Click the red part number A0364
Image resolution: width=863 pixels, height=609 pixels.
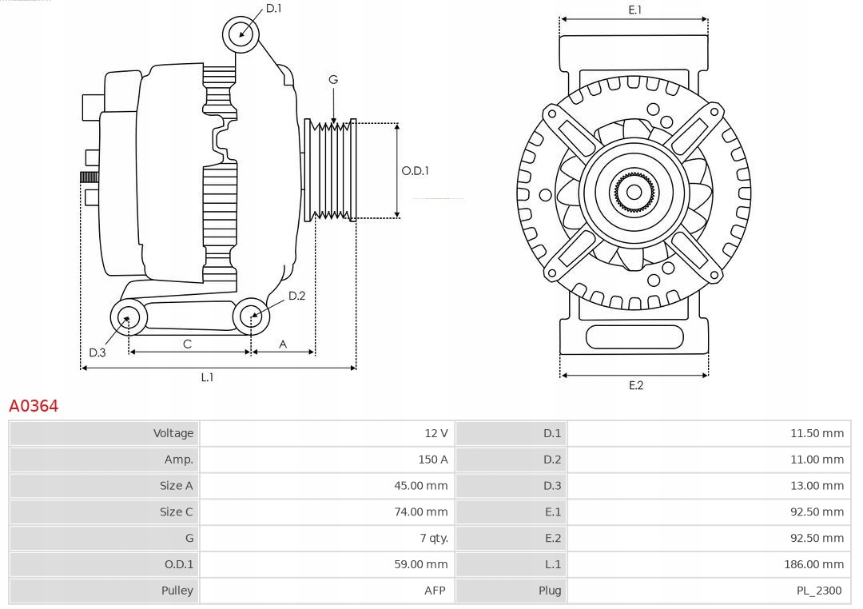[x=34, y=406]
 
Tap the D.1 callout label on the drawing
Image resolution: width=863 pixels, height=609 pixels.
[x=273, y=8]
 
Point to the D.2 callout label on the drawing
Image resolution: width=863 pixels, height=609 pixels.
[x=296, y=296]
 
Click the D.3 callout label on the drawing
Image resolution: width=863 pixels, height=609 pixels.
[x=97, y=352]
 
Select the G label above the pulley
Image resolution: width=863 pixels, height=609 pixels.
[x=333, y=79]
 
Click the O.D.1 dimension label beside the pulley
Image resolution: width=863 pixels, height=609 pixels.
[x=415, y=170]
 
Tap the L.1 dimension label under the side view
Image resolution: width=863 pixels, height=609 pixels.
[x=207, y=377]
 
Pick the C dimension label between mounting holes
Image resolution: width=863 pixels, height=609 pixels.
[x=187, y=344]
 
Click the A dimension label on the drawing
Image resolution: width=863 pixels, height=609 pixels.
[x=283, y=344]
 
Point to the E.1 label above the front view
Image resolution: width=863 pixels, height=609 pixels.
[x=635, y=10]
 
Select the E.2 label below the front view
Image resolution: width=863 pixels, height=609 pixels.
[x=635, y=385]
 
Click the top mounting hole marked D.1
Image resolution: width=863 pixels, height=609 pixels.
[x=240, y=34]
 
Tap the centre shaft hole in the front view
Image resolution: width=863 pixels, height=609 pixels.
[x=634, y=192]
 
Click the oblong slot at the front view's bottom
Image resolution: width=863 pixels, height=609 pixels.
[x=634, y=336]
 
